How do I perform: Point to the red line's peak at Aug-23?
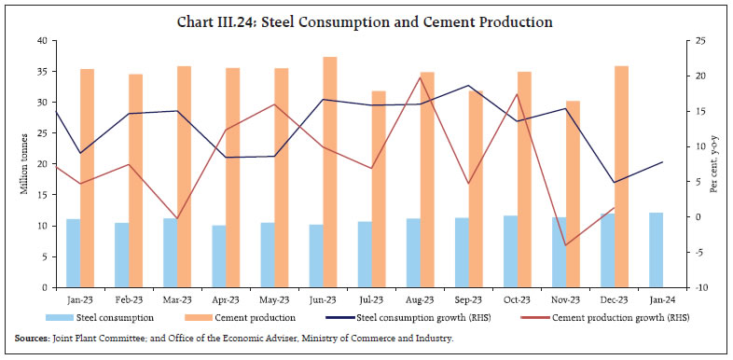coord(420,76)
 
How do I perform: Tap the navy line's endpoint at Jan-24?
coord(662,162)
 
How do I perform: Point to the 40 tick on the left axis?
coord(42,41)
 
